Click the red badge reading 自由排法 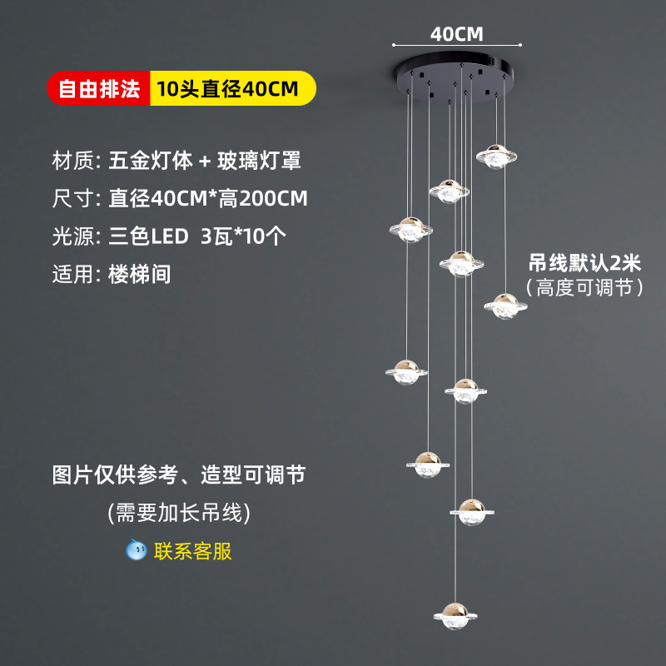point(98,88)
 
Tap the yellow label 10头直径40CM point(233,88)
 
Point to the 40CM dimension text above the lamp point(456,34)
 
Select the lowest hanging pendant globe point(455,615)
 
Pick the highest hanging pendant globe point(496,157)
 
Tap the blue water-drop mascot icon point(136,549)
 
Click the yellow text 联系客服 point(193,551)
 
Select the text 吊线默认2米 point(585,262)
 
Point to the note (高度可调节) point(585,287)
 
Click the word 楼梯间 point(140,274)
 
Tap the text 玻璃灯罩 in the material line point(259,161)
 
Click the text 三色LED point(149,236)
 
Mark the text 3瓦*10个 point(243,236)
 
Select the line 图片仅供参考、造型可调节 point(179,475)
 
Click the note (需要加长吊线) point(179,512)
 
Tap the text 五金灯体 point(151,161)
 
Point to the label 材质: point(77,161)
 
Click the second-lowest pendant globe point(472,512)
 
